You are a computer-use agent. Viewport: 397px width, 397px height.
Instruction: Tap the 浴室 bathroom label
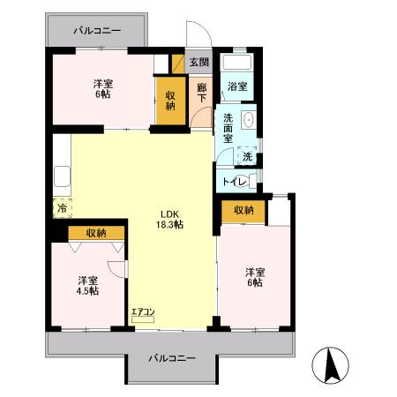point(236,86)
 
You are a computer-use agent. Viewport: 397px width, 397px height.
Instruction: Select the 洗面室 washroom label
point(228,128)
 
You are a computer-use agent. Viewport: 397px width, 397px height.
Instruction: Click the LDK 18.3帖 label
point(171,219)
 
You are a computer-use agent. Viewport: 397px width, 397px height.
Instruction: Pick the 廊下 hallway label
point(201,91)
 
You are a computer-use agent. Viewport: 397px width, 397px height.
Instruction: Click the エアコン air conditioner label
point(143,312)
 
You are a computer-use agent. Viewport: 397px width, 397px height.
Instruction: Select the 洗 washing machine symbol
point(247,156)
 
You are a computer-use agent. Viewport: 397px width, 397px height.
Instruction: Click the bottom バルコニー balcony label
point(172,357)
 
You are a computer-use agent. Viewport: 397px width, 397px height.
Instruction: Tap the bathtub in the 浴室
point(236,63)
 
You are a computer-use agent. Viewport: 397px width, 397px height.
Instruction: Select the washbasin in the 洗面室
point(248,120)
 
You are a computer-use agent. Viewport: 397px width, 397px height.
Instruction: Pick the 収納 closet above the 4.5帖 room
point(95,232)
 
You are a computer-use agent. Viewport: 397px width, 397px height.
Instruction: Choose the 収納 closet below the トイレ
point(244,210)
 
